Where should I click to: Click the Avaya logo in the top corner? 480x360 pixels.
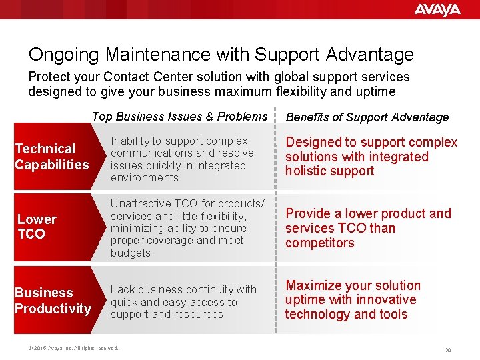(437, 10)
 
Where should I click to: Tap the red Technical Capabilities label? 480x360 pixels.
(51, 157)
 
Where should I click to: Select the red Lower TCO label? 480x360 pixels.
(37, 227)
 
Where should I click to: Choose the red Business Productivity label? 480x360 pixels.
(52, 301)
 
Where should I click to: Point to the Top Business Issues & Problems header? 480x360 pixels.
(179, 117)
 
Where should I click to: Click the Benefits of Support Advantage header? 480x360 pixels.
(367, 117)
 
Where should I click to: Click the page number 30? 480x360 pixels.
(448, 349)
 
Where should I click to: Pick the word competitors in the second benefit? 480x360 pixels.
(320, 243)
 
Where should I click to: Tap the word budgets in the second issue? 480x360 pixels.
(131, 253)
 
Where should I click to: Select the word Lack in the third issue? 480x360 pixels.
(122, 289)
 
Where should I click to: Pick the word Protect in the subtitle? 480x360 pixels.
(49, 77)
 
